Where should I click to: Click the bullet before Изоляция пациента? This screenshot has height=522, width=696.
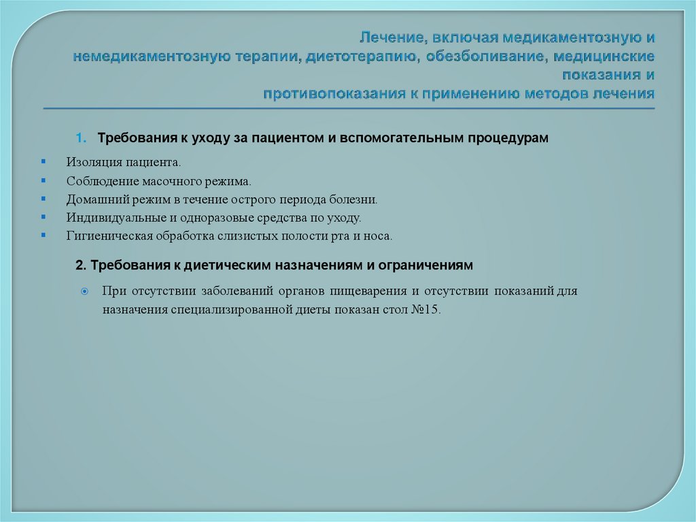pos(43,163)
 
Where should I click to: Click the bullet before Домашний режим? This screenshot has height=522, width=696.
pos(43,199)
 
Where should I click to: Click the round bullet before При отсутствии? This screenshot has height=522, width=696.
pos(84,291)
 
